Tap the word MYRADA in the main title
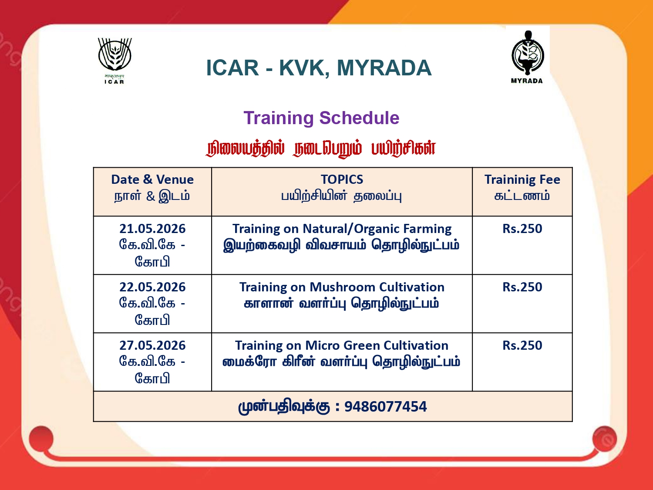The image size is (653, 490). (x=384, y=68)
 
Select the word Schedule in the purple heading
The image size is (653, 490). (x=359, y=118)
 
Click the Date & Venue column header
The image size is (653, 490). (x=152, y=179)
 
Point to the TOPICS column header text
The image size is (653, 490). (x=342, y=179)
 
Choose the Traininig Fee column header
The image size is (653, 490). (x=522, y=180)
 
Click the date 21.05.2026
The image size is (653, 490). (x=152, y=229)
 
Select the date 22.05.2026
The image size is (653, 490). (x=152, y=287)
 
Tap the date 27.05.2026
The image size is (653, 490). (x=152, y=345)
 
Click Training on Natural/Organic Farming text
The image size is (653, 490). (x=342, y=229)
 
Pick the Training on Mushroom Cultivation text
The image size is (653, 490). (x=342, y=287)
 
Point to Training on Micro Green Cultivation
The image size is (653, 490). (x=342, y=345)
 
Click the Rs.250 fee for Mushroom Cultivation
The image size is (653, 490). (x=522, y=287)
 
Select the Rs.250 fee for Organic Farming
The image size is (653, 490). (x=522, y=229)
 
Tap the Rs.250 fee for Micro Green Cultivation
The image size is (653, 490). (x=522, y=345)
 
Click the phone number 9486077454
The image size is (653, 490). (x=386, y=406)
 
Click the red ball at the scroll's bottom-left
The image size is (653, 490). (x=41, y=439)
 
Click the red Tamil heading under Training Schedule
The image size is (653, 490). (x=321, y=149)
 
